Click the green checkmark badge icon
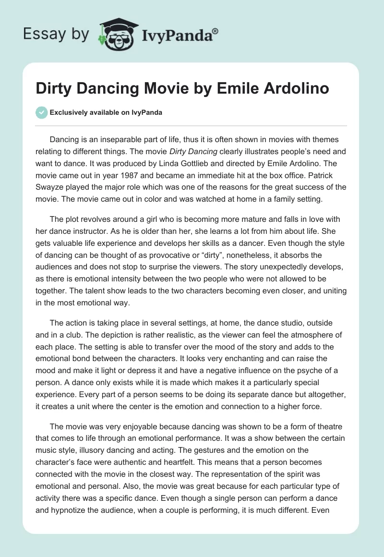coord(41,112)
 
